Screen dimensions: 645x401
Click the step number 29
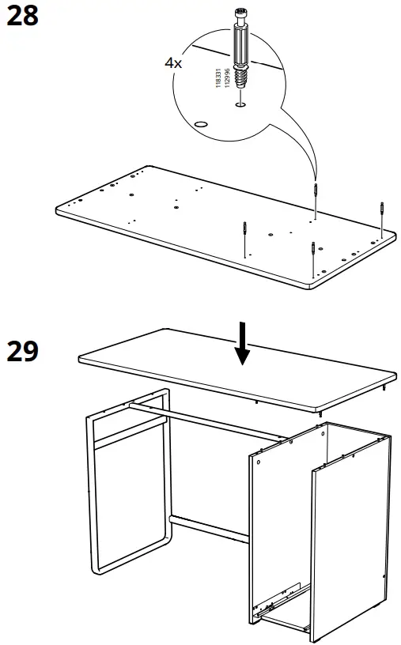coord(22,350)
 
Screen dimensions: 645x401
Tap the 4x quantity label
coord(173,62)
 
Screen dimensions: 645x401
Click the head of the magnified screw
coord(240,15)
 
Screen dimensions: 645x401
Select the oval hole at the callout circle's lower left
coord(201,123)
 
